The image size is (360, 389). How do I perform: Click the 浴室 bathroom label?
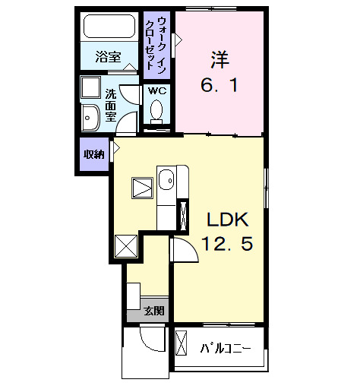[x=109, y=57]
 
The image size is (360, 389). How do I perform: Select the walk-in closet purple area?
[x=157, y=46]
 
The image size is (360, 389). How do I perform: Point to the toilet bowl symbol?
[x=157, y=112]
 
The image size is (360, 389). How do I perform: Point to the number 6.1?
[x=219, y=86]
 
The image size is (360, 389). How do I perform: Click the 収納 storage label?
[x=94, y=154]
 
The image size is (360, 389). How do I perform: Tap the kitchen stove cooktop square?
[x=142, y=187]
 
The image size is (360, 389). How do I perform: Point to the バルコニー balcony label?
[x=226, y=349]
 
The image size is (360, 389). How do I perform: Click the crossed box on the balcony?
[x=182, y=343]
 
